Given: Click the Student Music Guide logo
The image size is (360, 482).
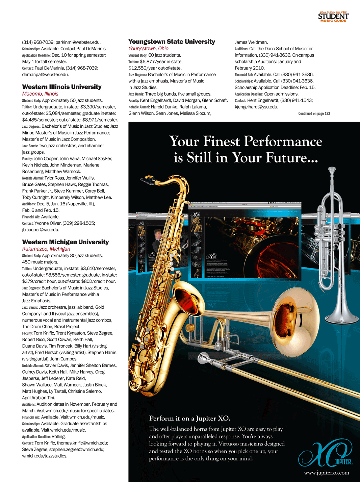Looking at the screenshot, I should pyautogui.click(x=333, y=17).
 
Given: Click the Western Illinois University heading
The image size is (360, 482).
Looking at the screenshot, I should pyautogui.click(x=62, y=87).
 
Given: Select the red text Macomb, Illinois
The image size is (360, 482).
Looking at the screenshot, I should pyautogui.click(x=40, y=94).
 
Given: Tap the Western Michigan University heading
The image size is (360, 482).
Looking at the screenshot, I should pyautogui.click(x=66, y=242).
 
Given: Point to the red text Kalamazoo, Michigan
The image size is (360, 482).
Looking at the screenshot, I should pyautogui.click(x=46, y=249).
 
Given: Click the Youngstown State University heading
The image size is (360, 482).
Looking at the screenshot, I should pyautogui.click(x=172, y=42).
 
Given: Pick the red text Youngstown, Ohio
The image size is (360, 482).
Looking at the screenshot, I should pyautogui.click(x=148, y=49).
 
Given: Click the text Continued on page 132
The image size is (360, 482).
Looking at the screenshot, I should pyautogui.click(x=314, y=113).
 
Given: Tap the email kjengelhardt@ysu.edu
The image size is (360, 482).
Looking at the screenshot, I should pyautogui.click(x=256, y=107).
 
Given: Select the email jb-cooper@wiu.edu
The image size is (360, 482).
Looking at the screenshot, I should pyautogui.click(x=41, y=230).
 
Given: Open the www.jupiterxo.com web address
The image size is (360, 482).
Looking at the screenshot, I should pyautogui.click(x=326, y=473).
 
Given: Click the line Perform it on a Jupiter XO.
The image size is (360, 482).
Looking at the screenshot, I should pyautogui.click(x=189, y=418).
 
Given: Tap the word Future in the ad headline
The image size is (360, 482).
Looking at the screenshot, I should pyautogui.click(x=286, y=158).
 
